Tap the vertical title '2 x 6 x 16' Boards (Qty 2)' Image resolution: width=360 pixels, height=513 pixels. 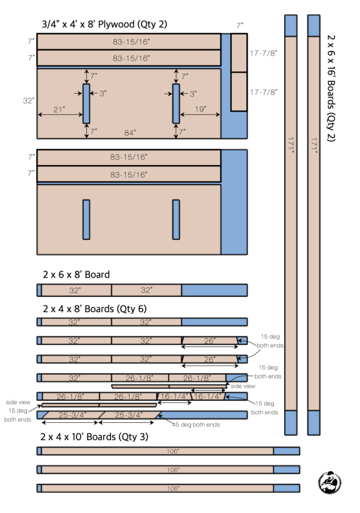(331, 88)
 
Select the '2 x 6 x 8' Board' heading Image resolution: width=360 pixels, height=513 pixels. (76, 275)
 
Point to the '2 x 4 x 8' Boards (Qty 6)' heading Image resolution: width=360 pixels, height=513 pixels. (95, 309)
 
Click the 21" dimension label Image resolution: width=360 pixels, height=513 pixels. (59, 110)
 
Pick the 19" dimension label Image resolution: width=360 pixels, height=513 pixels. (200, 109)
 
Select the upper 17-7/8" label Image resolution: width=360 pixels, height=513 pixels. (264, 53)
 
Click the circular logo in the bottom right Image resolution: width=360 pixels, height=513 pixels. (330, 482)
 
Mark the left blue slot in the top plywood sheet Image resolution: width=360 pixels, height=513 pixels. (86, 103)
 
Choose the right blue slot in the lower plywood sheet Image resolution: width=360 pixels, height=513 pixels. (176, 220)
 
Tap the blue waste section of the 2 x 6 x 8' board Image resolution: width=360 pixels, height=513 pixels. (214, 290)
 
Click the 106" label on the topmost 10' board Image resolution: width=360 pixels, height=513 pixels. (173, 451)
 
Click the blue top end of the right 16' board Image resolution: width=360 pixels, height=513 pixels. (314, 25)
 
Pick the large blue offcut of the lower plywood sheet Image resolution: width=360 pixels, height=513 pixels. (234, 202)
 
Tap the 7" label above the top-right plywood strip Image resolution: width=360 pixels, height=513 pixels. (240, 24)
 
